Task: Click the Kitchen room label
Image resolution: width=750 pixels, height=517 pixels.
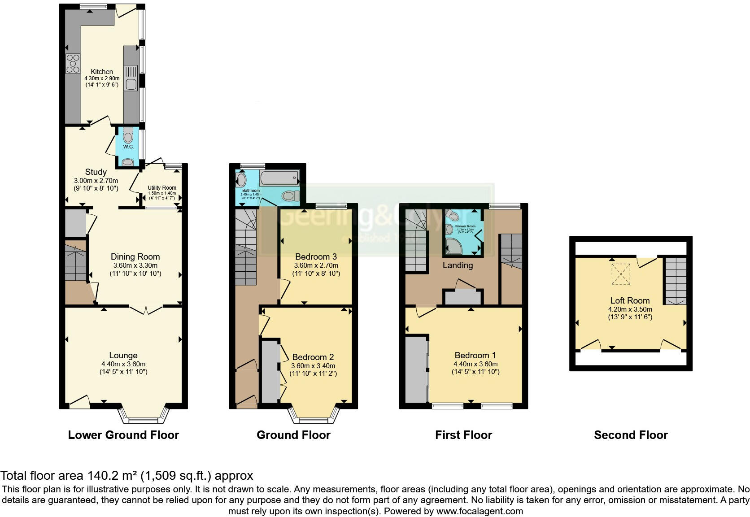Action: [x=102, y=72]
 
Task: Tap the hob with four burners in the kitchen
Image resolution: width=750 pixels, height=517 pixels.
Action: [x=73, y=63]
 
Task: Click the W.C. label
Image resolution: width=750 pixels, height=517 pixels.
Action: [x=128, y=147]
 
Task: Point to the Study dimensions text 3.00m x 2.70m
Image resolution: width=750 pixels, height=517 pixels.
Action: [x=96, y=180]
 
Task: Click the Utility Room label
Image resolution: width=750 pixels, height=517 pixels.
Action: [x=162, y=188]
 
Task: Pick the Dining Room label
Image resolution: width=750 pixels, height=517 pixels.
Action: [x=135, y=257]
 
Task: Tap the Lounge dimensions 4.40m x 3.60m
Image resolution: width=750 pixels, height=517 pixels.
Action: [x=123, y=364]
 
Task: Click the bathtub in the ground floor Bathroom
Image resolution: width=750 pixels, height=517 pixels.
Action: [x=279, y=179]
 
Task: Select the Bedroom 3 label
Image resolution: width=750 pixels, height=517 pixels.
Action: [x=316, y=257]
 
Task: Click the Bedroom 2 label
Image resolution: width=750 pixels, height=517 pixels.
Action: [x=313, y=357]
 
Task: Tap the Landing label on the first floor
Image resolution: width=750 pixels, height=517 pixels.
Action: [x=458, y=265]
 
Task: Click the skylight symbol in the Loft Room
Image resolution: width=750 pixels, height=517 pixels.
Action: [x=621, y=274]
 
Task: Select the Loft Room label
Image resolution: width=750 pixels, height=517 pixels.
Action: [x=630, y=301]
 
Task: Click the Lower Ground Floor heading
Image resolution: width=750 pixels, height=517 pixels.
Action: [x=123, y=435]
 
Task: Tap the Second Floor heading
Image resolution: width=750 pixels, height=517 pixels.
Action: [x=631, y=435]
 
